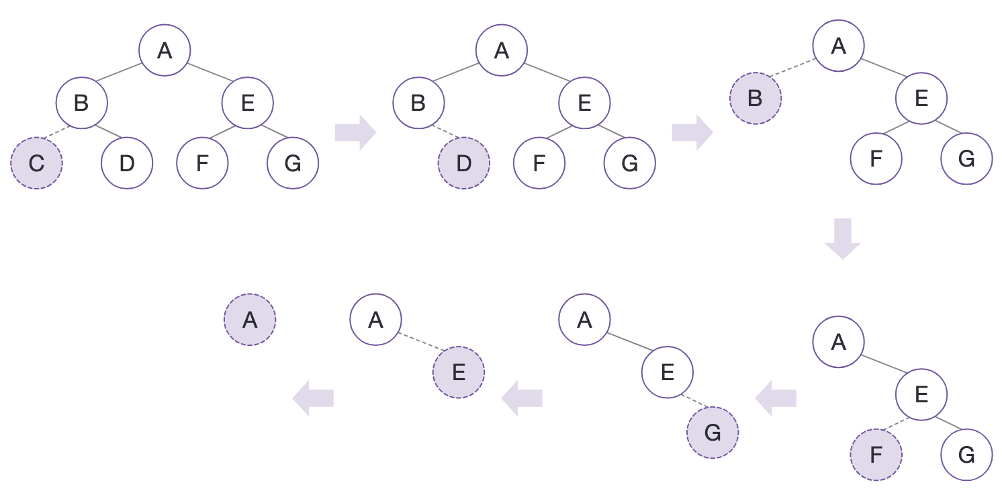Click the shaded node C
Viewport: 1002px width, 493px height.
[x=37, y=163]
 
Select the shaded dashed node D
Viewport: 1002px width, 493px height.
[x=464, y=163]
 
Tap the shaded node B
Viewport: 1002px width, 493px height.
[x=756, y=99]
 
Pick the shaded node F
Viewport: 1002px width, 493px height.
[x=876, y=455]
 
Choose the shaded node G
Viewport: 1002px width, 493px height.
[x=713, y=433]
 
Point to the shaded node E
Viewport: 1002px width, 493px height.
[x=459, y=373]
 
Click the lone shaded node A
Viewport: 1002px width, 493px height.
[x=249, y=320]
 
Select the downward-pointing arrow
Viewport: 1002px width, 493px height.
[x=842, y=238]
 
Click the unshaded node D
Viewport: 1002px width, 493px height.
[x=127, y=163]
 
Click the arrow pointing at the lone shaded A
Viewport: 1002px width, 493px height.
[x=313, y=398]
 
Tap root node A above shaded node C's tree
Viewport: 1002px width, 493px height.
[x=165, y=50]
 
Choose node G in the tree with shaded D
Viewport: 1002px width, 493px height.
[x=629, y=163]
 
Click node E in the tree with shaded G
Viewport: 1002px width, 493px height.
[x=667, y=372]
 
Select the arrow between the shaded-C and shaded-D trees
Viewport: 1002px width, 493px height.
[x=355, y=132]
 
